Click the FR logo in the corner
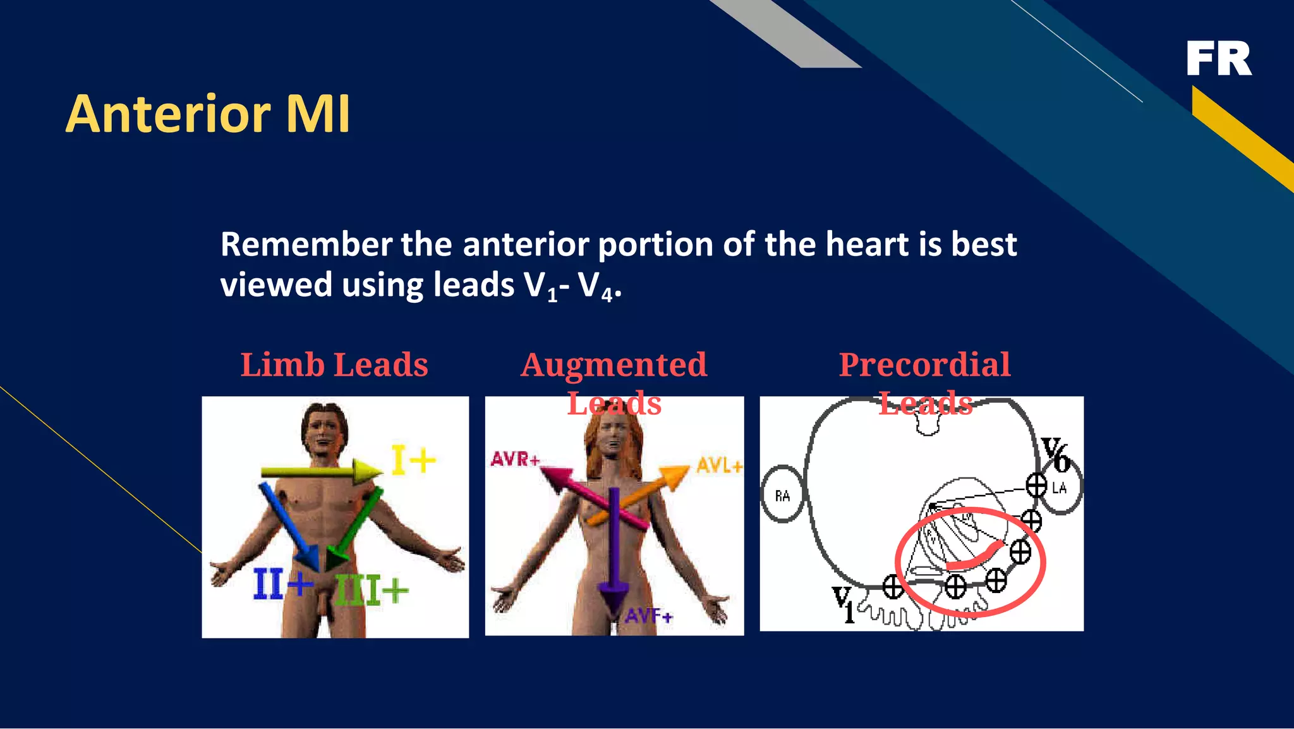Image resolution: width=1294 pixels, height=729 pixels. [x=1218, y=59]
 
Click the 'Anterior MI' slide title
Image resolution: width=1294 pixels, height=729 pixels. [x=208, y=114]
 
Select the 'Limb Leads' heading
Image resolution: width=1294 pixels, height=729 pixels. [x=334, y=365]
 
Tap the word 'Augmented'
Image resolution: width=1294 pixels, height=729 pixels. [x=614, y=365]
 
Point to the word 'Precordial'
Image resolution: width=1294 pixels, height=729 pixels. [x=924, y=365]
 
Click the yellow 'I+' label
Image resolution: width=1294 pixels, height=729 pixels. [x=413, y=460]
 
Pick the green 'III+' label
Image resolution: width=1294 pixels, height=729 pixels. [x=372, y=591]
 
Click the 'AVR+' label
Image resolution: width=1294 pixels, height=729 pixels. [x=515, y=459]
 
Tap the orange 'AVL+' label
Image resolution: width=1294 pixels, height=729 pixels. [x=719, y=467]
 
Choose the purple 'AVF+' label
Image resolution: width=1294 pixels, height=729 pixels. [x=649, y=615]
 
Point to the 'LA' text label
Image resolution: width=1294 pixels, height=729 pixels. [x=1060, y=487]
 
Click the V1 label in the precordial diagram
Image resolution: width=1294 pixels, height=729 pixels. [x=844, y=603]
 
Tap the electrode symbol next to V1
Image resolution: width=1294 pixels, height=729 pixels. [x=893, y=587]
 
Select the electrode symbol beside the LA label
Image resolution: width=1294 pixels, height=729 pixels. [x=1036, y=486]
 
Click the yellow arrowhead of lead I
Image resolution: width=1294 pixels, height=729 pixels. [x=366, y=472]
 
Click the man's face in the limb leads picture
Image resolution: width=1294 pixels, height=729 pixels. [x=324, y=432]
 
